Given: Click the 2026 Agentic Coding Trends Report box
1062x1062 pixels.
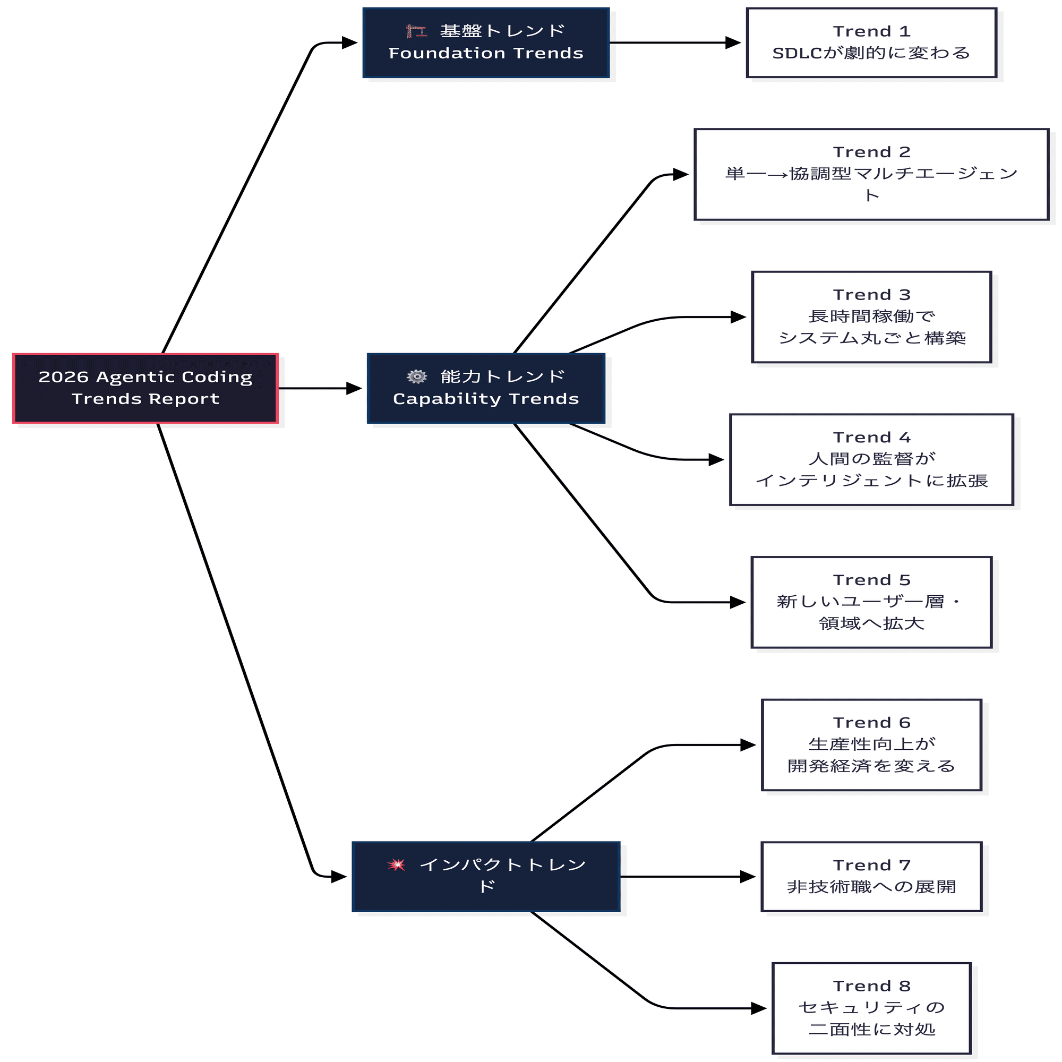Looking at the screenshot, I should click(145, 389).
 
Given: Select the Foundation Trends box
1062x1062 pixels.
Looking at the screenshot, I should click(486, 43).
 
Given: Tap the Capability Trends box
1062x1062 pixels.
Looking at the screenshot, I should click(486, 389).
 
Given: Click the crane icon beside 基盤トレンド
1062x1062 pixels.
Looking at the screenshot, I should click(416, 31).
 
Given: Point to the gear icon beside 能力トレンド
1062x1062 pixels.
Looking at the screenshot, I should click(417, 376).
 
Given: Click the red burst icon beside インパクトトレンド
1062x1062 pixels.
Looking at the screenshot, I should click(396, 865).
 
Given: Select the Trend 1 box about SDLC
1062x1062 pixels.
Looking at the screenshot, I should click(871, 43).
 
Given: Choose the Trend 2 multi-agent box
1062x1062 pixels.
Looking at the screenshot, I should click(871, 175).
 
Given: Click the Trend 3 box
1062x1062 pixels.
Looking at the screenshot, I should click(871, 317).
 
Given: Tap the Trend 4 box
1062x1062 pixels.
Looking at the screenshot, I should click(871, 459).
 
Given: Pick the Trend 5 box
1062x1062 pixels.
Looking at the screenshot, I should click(871, 603).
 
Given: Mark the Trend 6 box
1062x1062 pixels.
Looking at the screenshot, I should click(871, 745).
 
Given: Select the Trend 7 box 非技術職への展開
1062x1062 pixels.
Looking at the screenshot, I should click(871, 877).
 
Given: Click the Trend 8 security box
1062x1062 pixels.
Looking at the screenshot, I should click(871, 1008).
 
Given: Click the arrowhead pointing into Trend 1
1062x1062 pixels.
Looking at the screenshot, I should click(733, 43).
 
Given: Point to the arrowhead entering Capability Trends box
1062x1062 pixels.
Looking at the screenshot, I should click(354, 389).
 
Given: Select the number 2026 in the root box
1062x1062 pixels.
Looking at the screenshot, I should click(63, 377).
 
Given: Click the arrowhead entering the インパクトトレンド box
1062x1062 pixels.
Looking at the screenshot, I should click(339, 877).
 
